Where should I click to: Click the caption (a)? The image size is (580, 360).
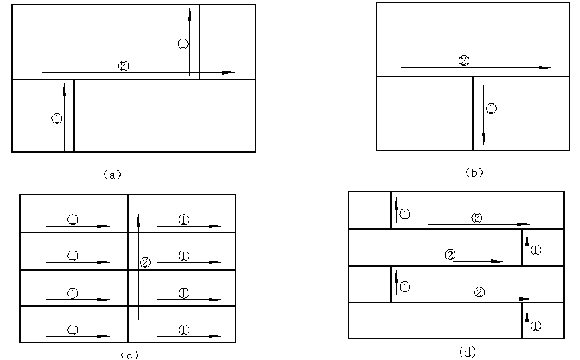113,174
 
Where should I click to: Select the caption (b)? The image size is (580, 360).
474,173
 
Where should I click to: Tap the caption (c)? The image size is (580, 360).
130,355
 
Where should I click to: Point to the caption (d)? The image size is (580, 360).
467,351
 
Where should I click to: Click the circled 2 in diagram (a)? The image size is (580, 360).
123,66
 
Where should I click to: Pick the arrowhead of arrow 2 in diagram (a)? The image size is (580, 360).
228,73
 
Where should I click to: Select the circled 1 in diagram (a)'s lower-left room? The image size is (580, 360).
57,119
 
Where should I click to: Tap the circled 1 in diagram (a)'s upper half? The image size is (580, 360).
183,44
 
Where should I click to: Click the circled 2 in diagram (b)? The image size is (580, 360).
464,61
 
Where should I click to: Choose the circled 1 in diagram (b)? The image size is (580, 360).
491,109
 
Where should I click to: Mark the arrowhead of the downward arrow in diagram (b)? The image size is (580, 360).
483,139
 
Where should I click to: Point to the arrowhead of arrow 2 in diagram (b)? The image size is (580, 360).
545,68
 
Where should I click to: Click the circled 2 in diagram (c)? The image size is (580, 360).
145,263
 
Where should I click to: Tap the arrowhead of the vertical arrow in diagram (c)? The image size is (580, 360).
139,221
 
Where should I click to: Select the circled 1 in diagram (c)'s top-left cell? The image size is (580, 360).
73,220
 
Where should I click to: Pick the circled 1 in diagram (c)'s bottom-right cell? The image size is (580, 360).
184,330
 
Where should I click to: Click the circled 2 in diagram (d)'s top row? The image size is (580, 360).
477,218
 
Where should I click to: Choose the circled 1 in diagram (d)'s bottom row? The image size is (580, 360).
535,326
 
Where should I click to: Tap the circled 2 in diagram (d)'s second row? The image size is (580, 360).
450,255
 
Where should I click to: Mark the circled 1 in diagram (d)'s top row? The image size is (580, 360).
405,214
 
